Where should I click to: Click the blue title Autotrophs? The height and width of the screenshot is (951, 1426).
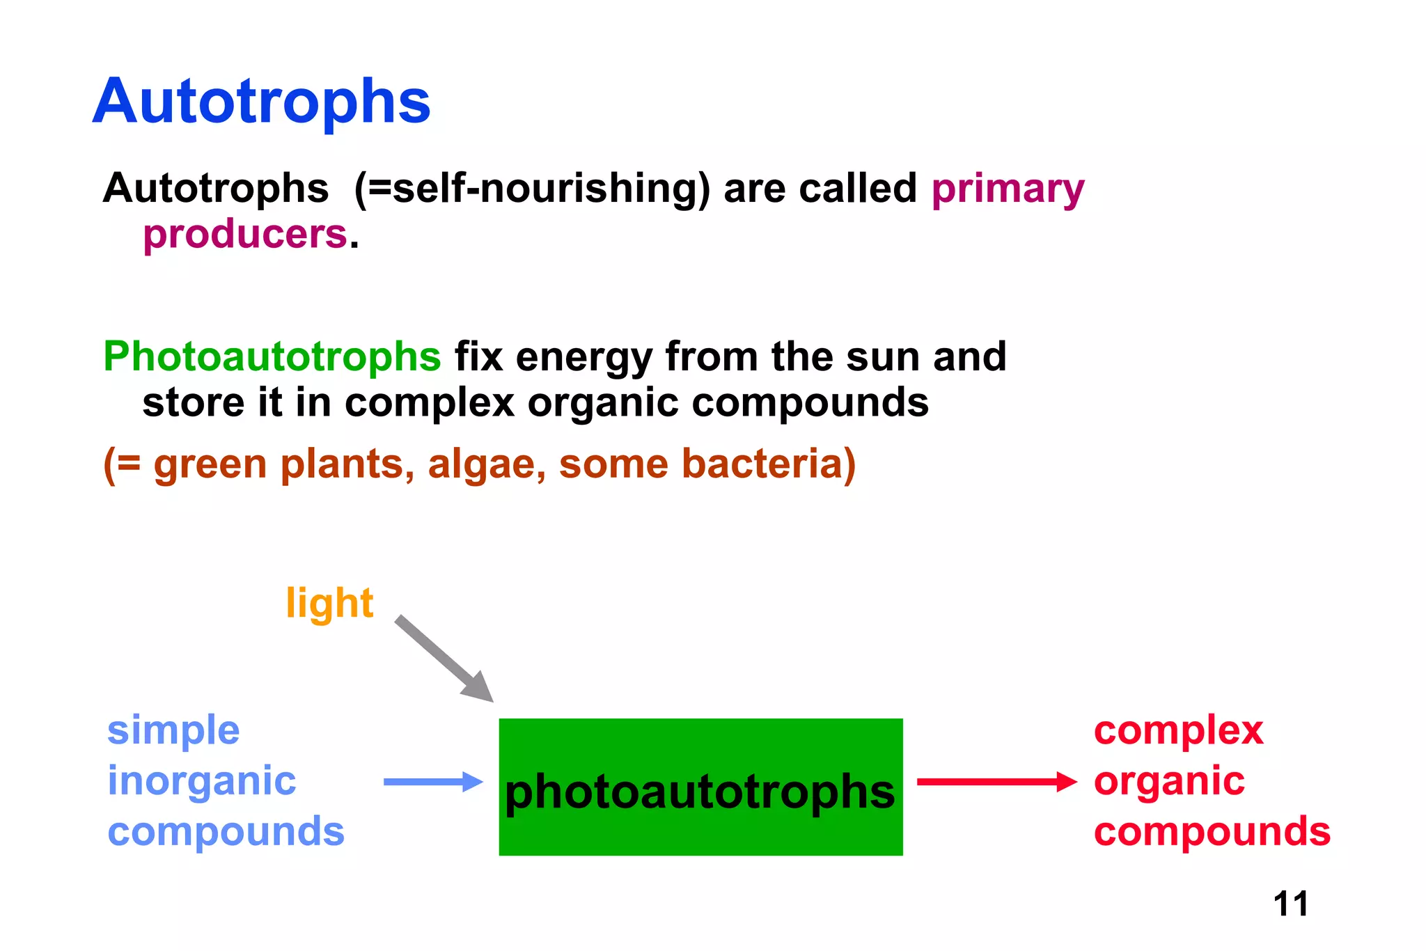pyautogui.click(x=262, y=102)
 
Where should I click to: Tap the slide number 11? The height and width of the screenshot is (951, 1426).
pyautogui.click(x=1290, y=904)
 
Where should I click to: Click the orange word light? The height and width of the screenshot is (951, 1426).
pyautogui.click(x=329, y=602)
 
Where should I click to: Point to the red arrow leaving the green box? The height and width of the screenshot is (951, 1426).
pyautogui.click(x=996, y=782)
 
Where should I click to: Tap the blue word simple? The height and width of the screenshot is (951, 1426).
pyautogui.click(x=173, y=730)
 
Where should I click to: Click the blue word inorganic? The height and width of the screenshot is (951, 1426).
pyautogui.click(x=202, y=781)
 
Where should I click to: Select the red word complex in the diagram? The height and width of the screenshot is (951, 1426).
pyautogui.click(x=1178, y=730)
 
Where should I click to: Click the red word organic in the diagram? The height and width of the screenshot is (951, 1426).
pyautogui.click(x=1169, y=781)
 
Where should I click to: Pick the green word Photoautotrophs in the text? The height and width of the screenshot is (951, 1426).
pyautogui.click(x=272, y=356)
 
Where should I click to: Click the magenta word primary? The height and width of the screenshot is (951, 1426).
pyautogui.click(x=1008, y=189)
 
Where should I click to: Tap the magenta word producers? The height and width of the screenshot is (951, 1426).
pyautogui.click(x=245, y=234)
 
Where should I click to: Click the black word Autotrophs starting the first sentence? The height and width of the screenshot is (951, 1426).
pyautogui.click(x=216, y=189)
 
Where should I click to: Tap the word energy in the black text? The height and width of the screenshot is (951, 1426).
pyautogui.click(x=583, y=358)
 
